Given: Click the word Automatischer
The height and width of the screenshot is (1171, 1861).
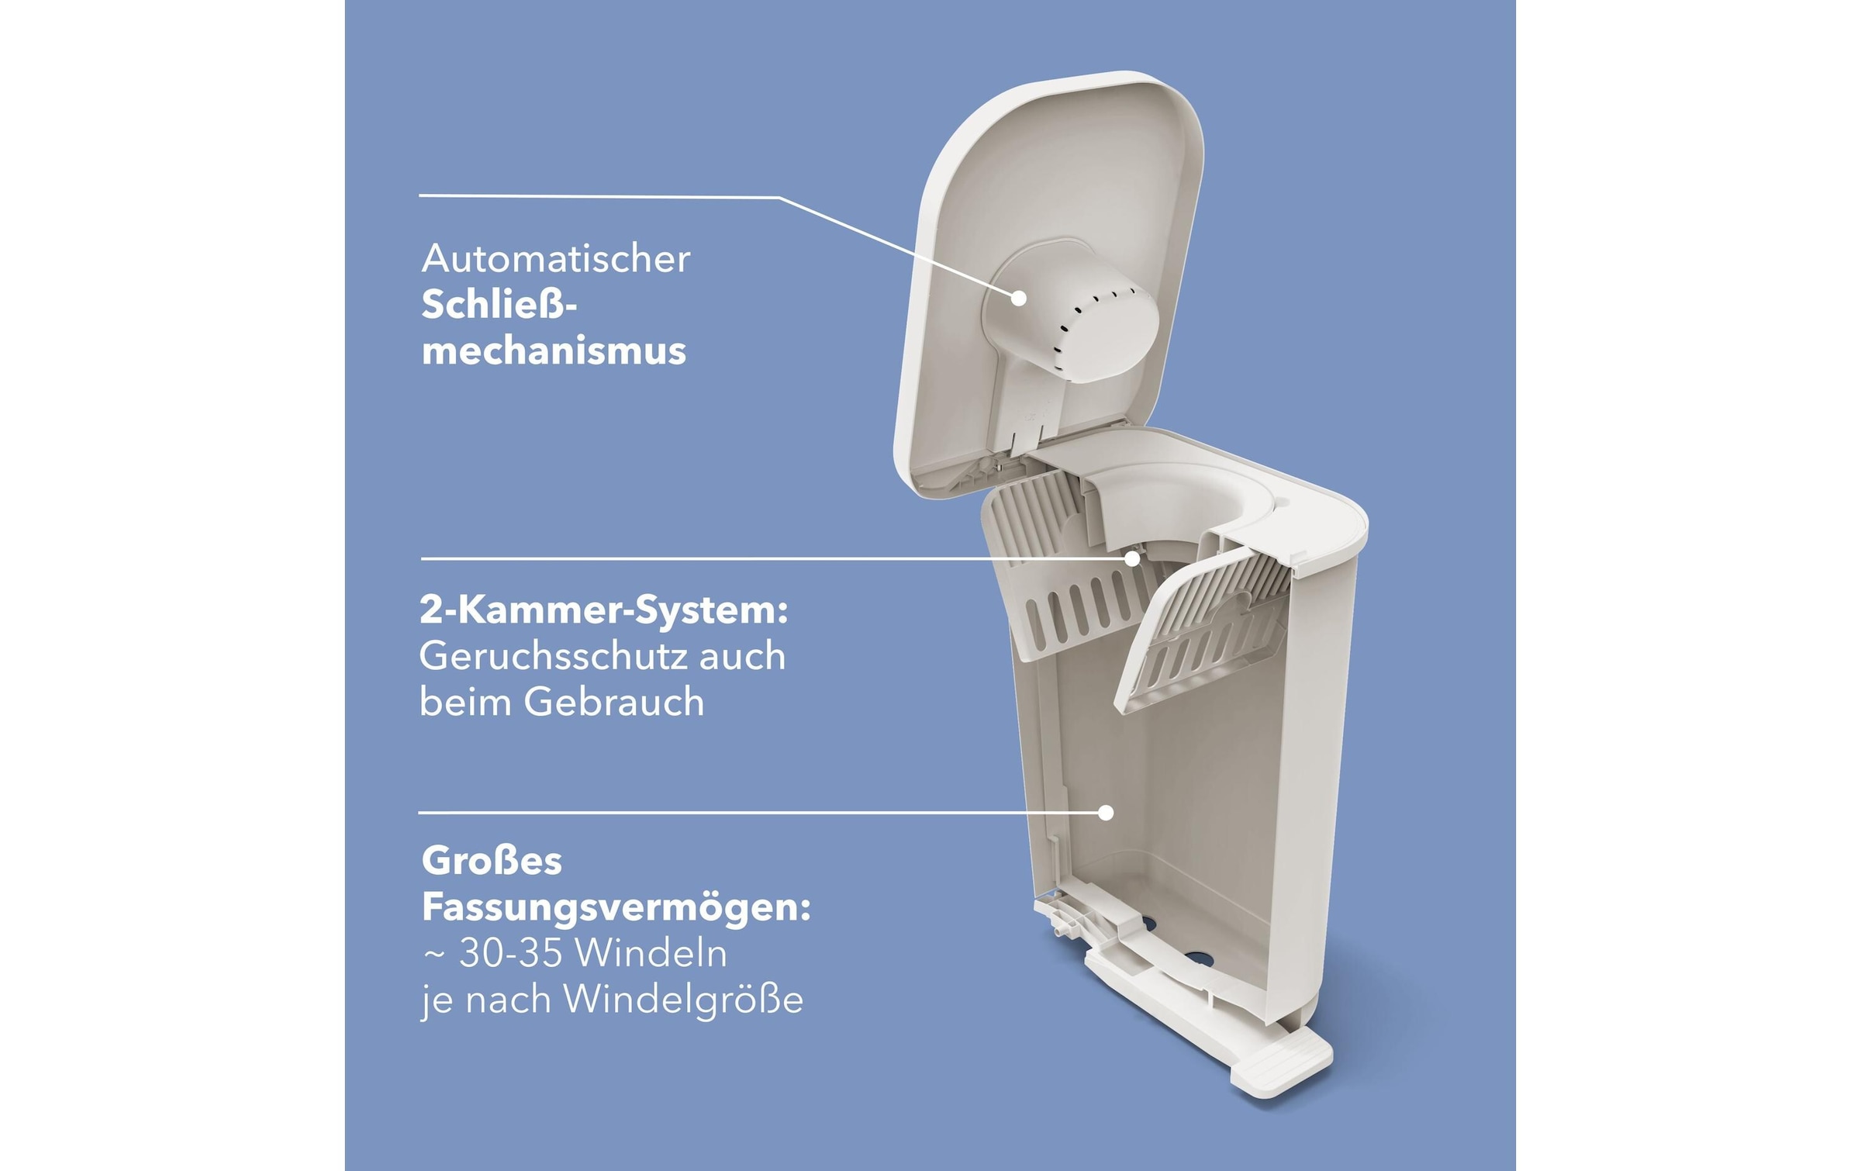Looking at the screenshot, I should point(555,259).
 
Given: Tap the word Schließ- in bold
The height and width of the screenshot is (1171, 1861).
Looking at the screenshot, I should point(499,305).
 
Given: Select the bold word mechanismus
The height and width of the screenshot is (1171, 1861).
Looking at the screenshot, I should point(554,351).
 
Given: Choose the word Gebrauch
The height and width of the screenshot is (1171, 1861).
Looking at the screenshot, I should point(613,703).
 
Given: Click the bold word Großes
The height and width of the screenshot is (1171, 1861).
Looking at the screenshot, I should point(492,861).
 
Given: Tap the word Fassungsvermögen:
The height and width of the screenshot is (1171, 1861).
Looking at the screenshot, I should point(616,907).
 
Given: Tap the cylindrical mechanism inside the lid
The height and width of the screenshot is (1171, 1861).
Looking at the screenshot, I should point(1086,318).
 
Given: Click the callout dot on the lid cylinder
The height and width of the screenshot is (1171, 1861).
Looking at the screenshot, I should point(1019,298).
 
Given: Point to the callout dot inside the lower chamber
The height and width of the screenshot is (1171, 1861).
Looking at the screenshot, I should point(1107,813).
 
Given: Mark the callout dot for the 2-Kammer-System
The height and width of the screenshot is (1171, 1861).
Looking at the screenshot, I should point(1133,558).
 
